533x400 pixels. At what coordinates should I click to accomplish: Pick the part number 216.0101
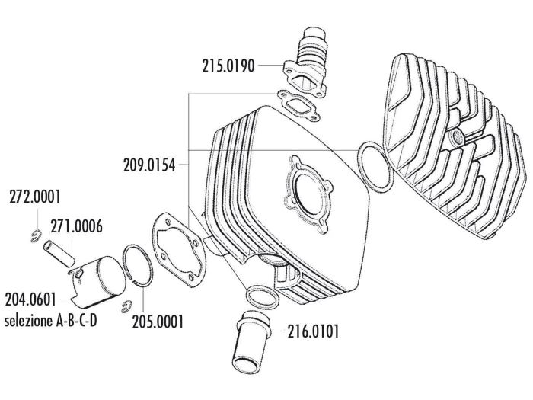[314, 331]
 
